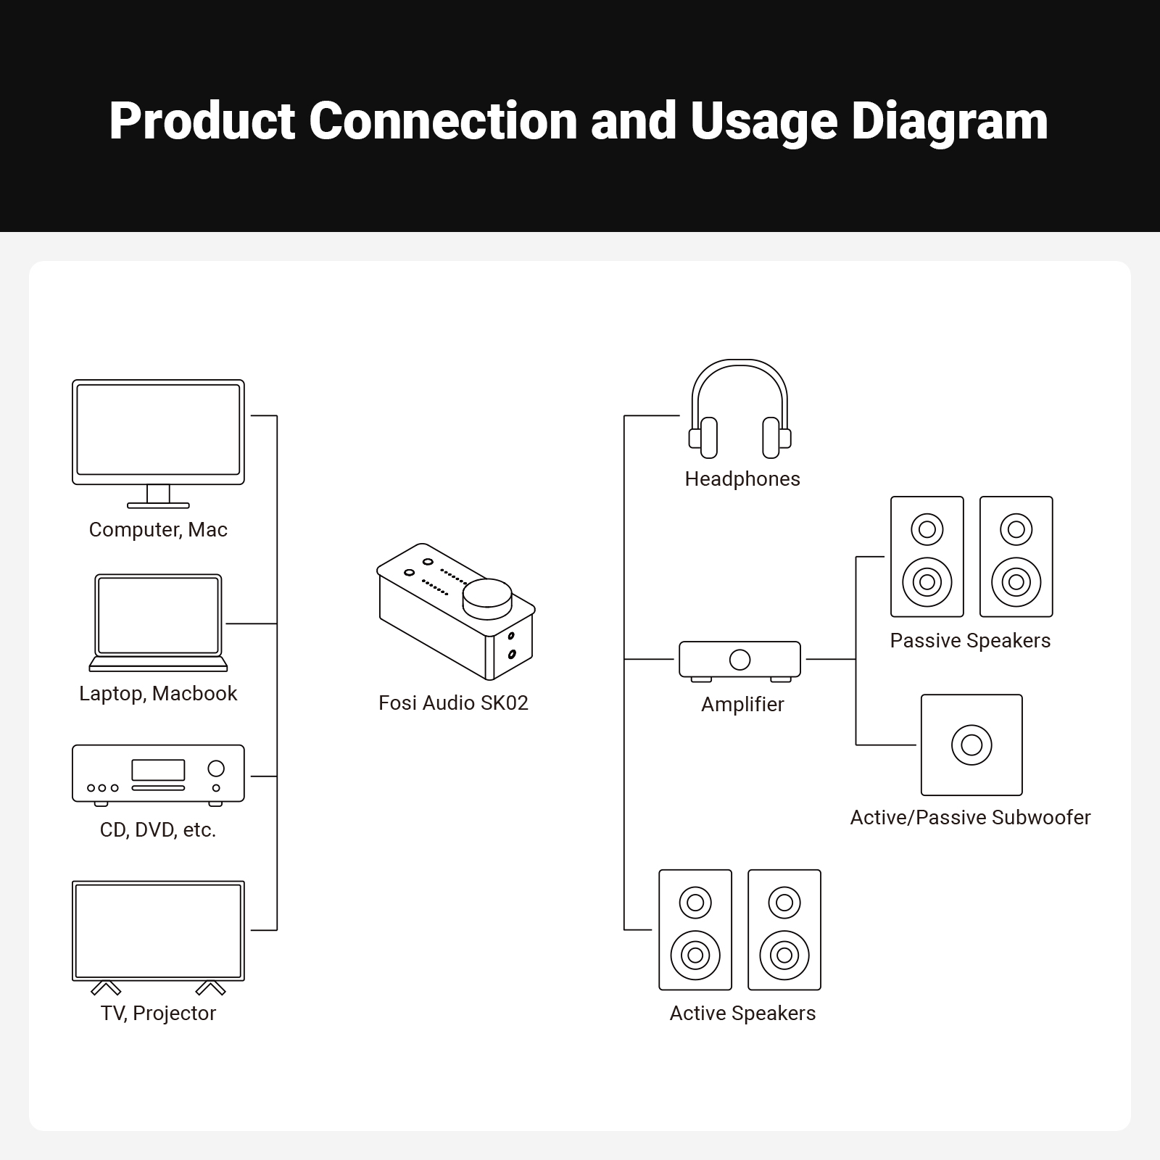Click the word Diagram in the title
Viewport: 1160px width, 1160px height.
(949, 122)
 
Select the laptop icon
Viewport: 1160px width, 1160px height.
(158, 622)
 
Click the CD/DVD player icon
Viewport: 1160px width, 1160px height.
(158, 774)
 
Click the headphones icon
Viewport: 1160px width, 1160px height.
(739, 410)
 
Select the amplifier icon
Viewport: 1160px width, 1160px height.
(739, 660)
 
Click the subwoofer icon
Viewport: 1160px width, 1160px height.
(971, 745)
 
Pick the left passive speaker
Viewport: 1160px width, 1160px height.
(927, 557)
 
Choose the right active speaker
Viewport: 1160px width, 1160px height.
(784, 929)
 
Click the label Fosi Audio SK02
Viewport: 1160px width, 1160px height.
(453, 703)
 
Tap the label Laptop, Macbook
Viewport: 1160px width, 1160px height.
(158, 694)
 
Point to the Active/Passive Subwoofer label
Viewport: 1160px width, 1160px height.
(970, 818)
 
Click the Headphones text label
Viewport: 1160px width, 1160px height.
(742, 479)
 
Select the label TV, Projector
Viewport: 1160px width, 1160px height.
(158, 1014)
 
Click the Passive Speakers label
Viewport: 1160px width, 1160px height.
(970, 641)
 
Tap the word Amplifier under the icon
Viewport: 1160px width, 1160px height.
(742, 705)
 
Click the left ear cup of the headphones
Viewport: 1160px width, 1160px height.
(707, 438)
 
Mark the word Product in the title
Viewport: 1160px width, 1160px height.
(202, 122)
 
